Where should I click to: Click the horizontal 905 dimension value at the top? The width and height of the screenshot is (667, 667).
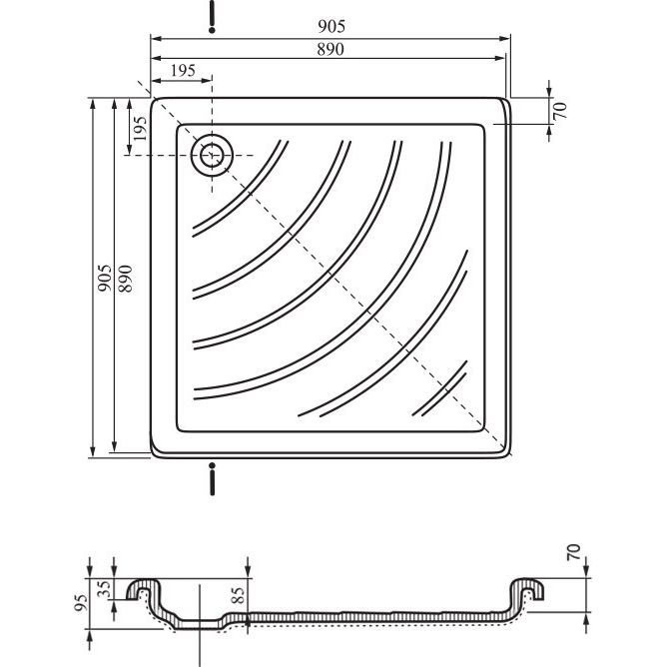332,26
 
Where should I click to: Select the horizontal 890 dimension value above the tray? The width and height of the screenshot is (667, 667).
331,49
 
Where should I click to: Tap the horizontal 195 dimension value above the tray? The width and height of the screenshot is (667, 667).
183,71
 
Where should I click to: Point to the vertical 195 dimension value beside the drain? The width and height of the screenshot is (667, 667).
140,129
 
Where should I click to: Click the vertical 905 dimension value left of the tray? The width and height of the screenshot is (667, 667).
105,278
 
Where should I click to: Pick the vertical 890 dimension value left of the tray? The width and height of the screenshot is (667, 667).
125,279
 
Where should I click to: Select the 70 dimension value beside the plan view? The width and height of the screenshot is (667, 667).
560,111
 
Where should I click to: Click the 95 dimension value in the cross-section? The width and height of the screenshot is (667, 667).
81,603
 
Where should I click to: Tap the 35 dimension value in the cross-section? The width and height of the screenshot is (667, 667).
104,589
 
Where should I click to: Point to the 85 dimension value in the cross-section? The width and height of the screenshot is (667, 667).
239,595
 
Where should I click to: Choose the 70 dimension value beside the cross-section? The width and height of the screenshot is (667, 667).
573,552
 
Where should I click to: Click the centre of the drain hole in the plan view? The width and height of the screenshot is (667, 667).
212,155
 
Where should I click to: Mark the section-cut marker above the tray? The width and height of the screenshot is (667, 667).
212,17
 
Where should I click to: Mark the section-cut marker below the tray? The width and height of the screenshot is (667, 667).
212,479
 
